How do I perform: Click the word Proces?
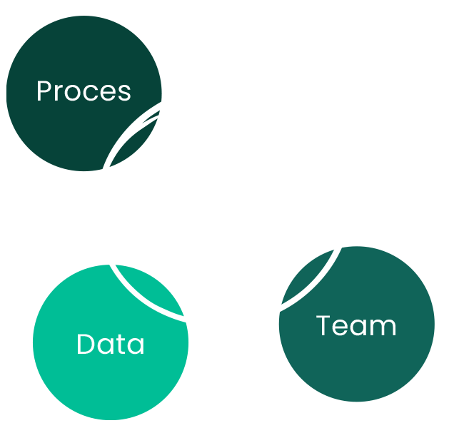tap(84, 91)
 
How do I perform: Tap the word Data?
tap(111, 345)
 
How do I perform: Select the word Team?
tap(356, 326)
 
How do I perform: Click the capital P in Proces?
tap(44, 91)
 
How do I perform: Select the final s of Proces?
tap(125, 93)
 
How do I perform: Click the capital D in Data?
tap(86, 345)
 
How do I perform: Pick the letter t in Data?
tap(122, 345)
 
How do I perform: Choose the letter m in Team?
tap(384, 328)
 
